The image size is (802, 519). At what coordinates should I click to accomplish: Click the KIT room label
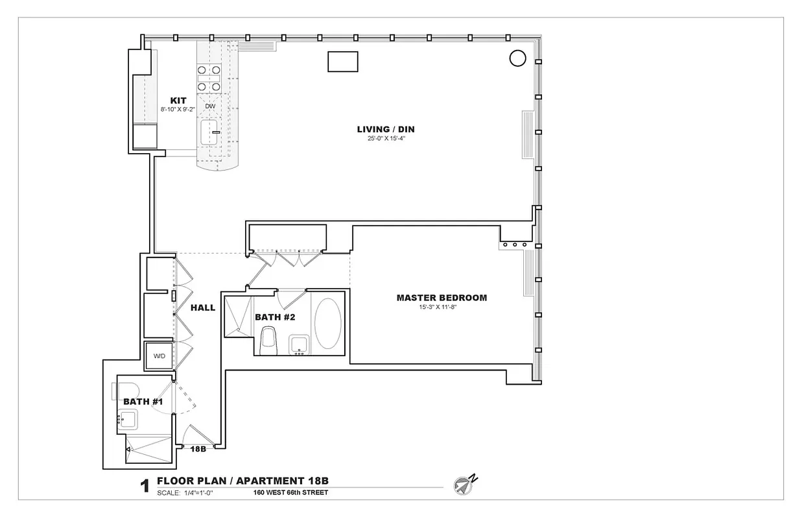178,101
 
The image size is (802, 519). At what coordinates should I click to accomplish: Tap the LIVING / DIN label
386,129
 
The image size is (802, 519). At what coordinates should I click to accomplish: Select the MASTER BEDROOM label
442,298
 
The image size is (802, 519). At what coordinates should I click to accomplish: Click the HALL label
203,308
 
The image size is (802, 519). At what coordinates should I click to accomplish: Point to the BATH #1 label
143,402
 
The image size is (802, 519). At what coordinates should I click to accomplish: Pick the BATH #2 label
275,317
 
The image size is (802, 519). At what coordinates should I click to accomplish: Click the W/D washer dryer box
159,356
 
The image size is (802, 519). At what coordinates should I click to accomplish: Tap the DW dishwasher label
210,106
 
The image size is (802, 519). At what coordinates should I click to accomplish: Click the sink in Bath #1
126,419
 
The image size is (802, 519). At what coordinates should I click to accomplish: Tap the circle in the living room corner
517,58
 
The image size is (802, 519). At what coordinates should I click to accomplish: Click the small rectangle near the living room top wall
343,62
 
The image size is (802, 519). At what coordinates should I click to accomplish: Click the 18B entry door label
198,448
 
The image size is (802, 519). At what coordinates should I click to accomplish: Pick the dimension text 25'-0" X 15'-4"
386,138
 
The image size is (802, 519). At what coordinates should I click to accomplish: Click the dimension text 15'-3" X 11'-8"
442,307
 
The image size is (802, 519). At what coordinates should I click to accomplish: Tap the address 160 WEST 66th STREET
291,492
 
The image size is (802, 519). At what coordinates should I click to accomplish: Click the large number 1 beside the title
145,487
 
